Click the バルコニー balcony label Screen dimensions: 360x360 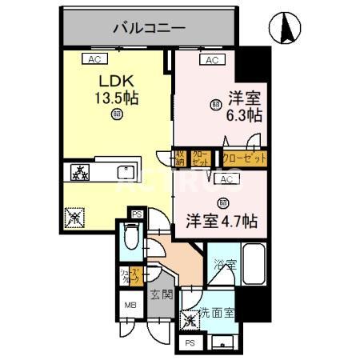[148, 28]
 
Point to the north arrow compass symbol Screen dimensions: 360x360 [288, 30]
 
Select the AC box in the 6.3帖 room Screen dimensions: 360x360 [213, 60]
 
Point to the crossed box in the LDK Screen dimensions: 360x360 [73, 215]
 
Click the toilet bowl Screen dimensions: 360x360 [131, 238]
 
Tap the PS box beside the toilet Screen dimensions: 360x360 [137, 214]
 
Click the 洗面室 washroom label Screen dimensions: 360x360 [217, 313]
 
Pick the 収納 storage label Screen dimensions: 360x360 [182, 157]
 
